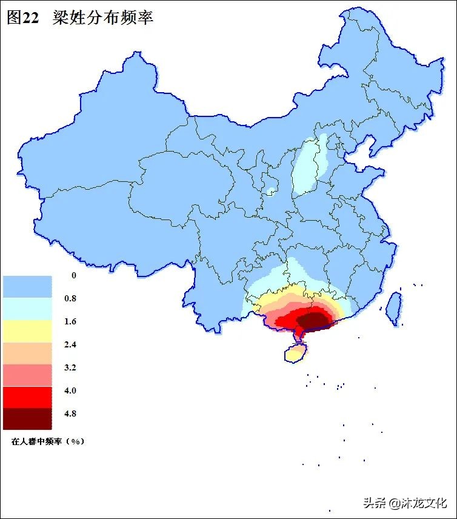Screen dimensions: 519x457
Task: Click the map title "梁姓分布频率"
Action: tap(103, 18)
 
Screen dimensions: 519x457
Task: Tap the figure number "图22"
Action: tap(23, 18)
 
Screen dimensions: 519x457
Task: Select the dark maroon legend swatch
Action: tap(27, 418)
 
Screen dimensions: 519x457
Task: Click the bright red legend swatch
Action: tap(27, 397)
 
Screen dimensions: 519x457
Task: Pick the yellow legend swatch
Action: tap(27, 330)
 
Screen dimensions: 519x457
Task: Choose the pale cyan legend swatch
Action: tap(27, 308)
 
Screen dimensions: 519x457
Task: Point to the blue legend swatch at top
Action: tap(27, 286)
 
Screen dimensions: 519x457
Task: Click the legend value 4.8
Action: tap(70, 414)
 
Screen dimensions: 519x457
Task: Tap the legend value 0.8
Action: tap(70, 298)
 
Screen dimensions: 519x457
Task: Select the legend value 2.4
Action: tap(70, 344)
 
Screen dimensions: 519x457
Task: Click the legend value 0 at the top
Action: tap(74, 275)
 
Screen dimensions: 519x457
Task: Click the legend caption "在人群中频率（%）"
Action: tap(47, 441)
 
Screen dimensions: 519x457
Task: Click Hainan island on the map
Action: tap(296, 353)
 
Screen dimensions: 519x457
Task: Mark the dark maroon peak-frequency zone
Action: tap(314, 319)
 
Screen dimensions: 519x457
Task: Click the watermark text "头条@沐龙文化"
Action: tap(405, 503)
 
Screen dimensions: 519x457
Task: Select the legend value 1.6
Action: tap(70, 321)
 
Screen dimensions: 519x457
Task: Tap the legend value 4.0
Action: tap(70, 390)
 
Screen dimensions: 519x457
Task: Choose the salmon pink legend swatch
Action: tap(27, 374)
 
